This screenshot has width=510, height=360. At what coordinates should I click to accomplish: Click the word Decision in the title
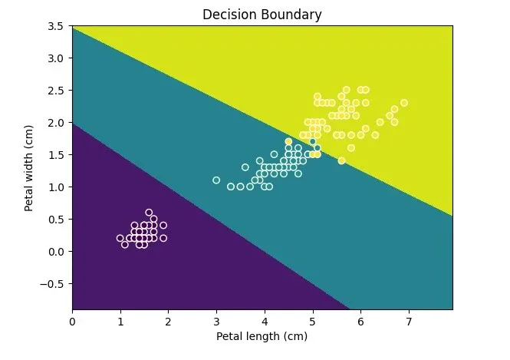(x=227, y=15)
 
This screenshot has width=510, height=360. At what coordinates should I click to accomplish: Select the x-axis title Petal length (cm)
(x=262, y=336)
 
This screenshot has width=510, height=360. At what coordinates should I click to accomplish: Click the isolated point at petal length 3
(x=216, y=180)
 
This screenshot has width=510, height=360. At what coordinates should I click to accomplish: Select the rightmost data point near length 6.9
(x=403, y=103)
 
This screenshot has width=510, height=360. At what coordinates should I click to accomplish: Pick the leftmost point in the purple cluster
(x=120, y=238)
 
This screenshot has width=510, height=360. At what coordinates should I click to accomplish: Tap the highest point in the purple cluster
(x=149, y=213)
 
